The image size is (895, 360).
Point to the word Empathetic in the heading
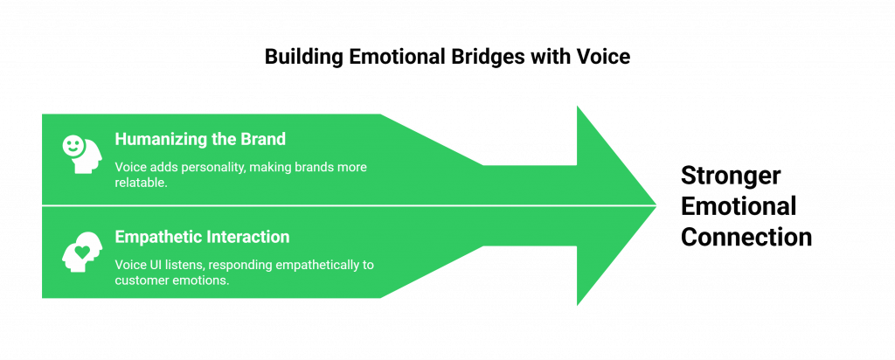[158, 237]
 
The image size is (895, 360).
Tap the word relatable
[140, 184]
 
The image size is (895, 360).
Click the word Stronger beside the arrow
[731, 177]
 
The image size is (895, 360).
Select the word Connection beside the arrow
[746, 237]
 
